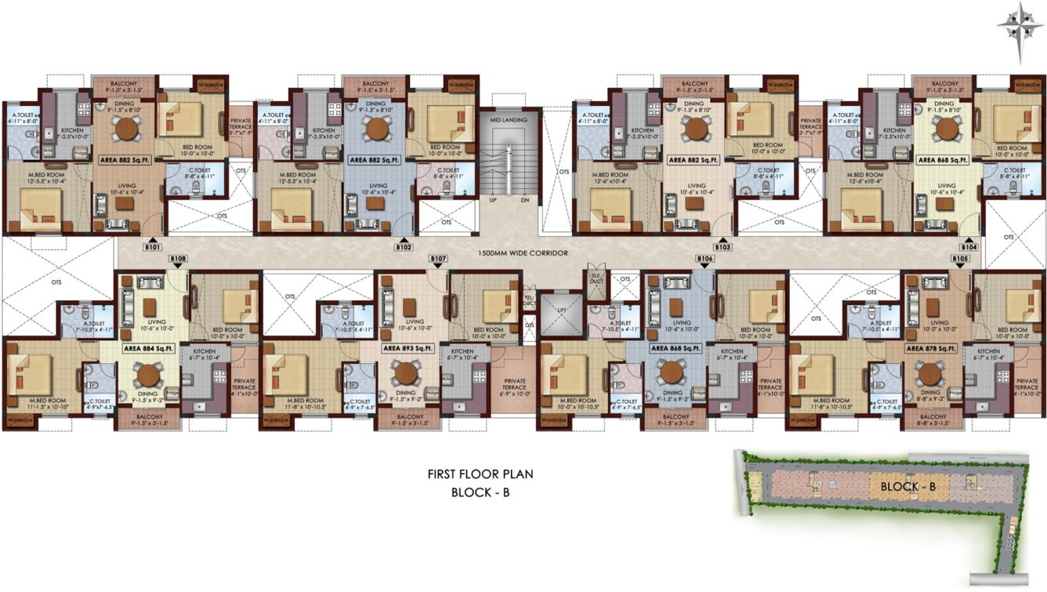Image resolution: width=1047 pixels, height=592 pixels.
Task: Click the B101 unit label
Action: tap(153, 247)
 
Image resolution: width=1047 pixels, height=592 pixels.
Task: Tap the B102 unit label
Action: tap(404, 247)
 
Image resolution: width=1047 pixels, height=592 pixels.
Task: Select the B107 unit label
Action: tap(438, 258)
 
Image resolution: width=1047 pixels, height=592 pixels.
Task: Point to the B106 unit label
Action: tap(705, 258)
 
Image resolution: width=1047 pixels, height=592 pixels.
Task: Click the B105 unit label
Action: tap(960, 258)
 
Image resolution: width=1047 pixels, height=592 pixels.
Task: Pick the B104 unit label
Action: tap(969, 247)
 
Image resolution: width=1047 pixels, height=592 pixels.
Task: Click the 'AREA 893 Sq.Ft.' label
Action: tap(408, 347)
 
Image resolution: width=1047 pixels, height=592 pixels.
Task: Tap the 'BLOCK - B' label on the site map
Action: tap(908, 486)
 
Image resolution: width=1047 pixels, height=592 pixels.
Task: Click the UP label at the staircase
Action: tap(493, 200)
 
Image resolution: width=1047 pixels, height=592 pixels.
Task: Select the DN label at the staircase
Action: tap(524, 200)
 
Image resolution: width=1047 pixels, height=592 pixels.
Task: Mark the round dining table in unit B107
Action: tap(406, 372)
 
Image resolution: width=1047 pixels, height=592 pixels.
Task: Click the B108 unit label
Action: tap(178, 258)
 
